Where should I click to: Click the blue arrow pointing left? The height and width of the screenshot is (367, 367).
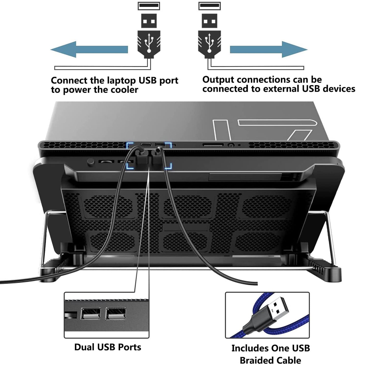click(x=89, y=50)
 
